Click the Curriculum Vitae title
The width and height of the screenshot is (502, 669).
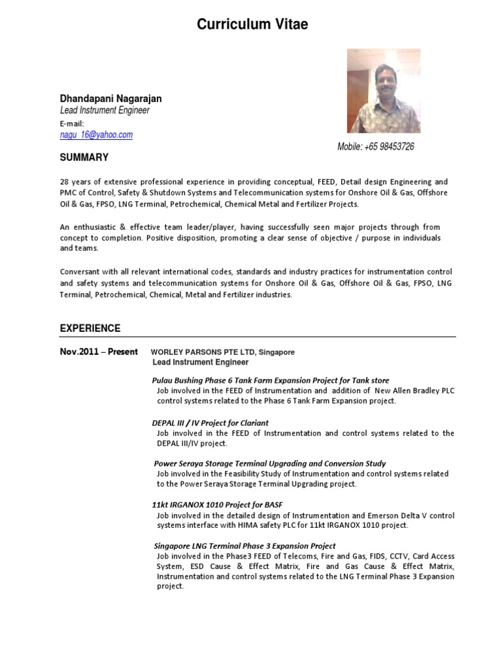point(252,25)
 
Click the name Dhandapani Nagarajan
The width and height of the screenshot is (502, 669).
point(110,98)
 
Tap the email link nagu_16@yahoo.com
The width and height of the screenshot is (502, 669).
point(96,135)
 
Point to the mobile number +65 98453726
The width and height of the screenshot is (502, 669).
point(375,146)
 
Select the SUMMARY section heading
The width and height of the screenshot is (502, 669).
point(84,157)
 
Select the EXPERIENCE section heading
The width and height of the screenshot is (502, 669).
point(90,328)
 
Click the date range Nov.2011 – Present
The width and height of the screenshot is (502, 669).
point(99,351)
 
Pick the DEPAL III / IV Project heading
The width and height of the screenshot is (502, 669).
point(210,423)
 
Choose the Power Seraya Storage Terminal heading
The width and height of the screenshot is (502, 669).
point(269,464)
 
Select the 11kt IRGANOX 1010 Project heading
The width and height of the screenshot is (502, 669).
point(217,505)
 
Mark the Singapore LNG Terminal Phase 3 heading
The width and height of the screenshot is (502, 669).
point(244,546)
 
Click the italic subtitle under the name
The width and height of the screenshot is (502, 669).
point(105,110)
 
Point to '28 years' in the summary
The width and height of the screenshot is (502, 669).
point(76,182)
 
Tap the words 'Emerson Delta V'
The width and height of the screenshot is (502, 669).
point(396,515)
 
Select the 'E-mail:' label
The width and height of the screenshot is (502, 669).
point(73,123)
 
